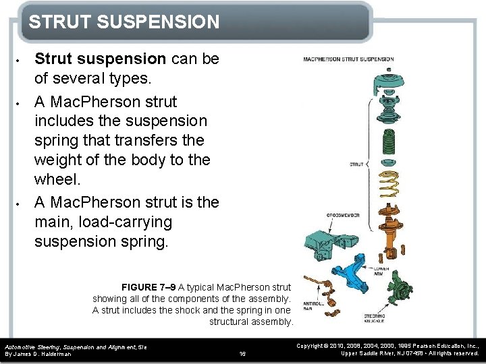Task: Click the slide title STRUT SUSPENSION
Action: [x=124, y=22]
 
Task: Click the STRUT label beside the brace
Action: [x=356, y=163]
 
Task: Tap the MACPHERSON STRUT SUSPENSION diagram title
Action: [x=348, y=59]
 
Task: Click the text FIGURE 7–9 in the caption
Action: [x=148, y=286]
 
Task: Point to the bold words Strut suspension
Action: [x=101, y=59]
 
